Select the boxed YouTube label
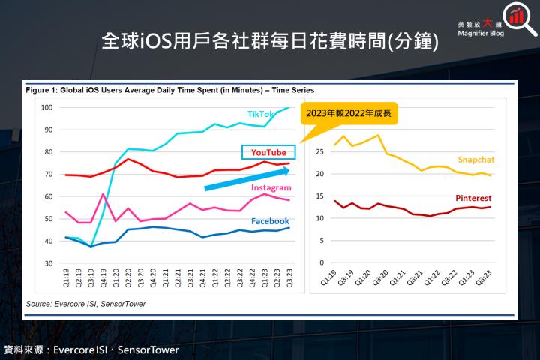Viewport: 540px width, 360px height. tap(268, 152)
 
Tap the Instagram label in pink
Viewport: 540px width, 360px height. tap(271, 187)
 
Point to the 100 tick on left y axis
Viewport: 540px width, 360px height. tap(46, 107)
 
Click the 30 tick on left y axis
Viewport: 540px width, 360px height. tap(48, 263)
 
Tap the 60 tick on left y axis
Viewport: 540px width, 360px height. tap(48, 196)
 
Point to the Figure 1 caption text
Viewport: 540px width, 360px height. tap(169, 90)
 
